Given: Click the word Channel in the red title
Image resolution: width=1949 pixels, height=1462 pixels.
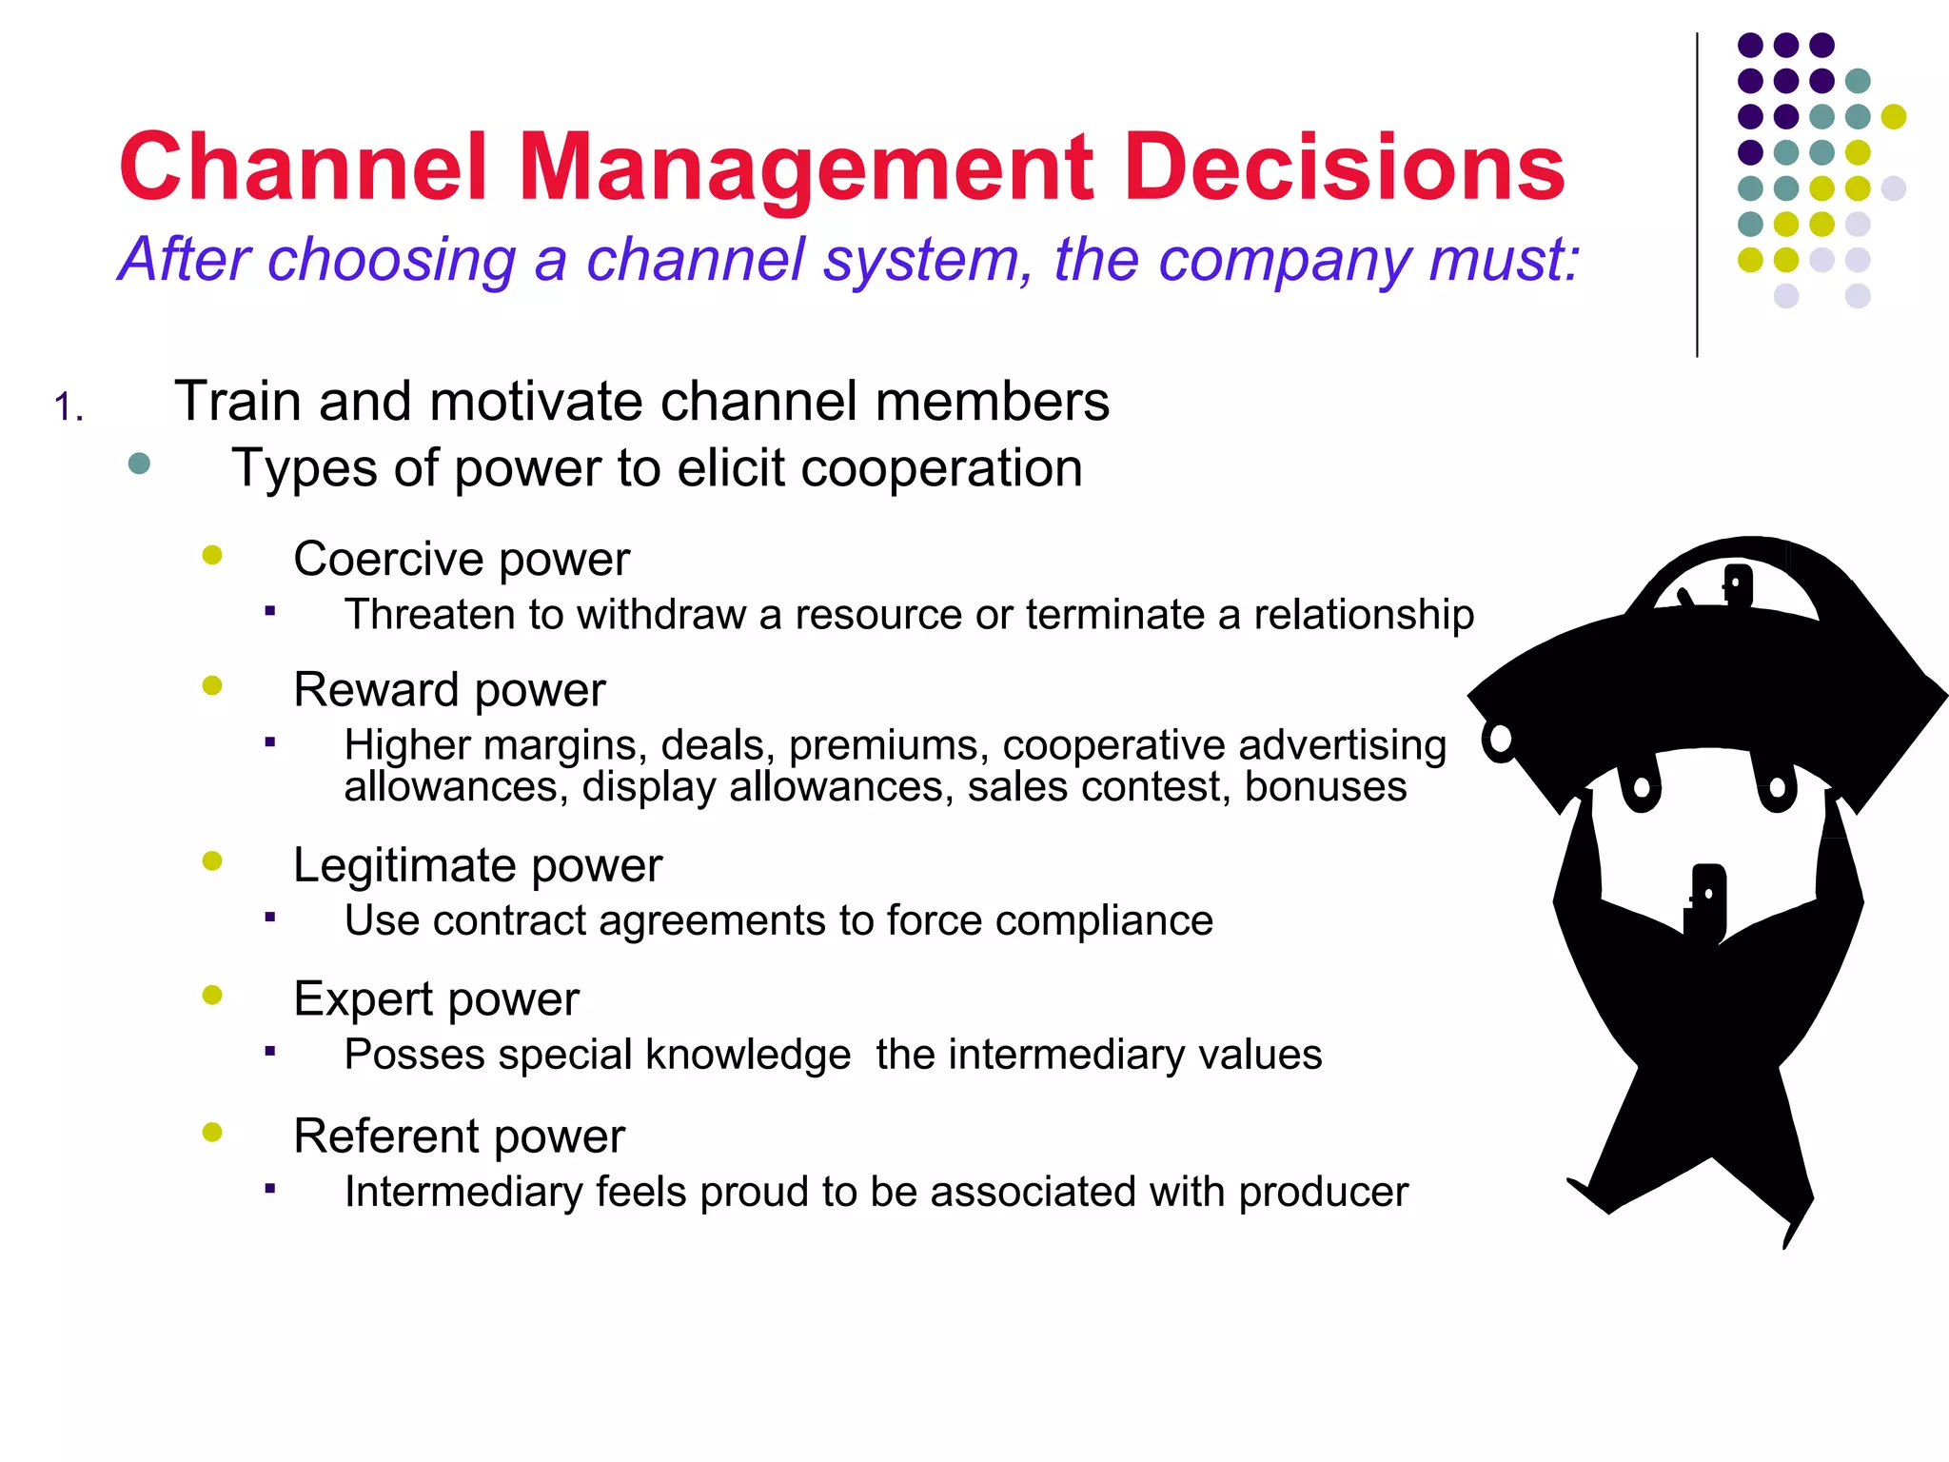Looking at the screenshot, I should tap(303, 168).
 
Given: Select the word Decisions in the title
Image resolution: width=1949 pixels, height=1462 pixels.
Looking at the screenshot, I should tap(1344, 168).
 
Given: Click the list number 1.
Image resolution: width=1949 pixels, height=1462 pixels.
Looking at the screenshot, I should tap(69, 407).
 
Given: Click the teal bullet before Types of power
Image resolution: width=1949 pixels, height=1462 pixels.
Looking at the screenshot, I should tap(139, 464).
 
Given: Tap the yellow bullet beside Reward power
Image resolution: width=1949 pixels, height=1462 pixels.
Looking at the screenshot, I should tap(212, 685).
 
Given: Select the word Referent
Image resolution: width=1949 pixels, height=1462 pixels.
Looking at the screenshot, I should tap(385, 1136).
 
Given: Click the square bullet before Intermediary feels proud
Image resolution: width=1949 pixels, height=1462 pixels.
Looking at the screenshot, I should tap(270, 1188).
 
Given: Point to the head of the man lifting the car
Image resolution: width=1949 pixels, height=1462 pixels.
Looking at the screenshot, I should tap(1707, 899).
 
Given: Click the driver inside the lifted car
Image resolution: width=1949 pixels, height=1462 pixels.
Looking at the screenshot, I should tap(1738, 584).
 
